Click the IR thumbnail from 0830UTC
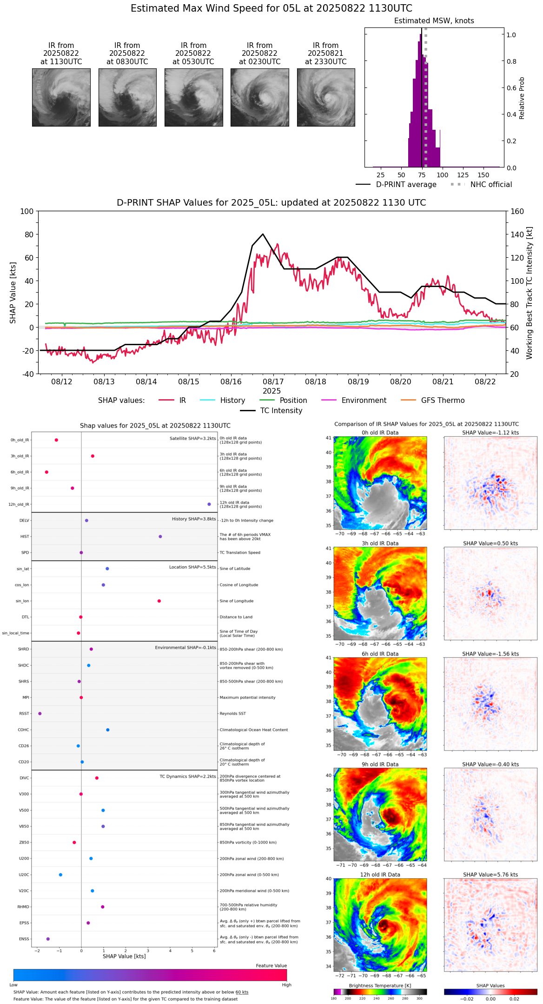(127, 97)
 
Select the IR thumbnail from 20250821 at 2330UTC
(326, 97)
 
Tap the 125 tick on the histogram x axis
(463, 175)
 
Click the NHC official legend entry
(481, 185)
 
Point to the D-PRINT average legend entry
(396, 185)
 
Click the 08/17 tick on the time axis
(273, 382)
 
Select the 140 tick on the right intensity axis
(517, 234)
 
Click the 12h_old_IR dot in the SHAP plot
(209, 504)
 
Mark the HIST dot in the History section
(160, 536)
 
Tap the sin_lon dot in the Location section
(159, 601)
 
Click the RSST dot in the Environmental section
(40, 714)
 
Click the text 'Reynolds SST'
(233, 714)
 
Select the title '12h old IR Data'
(380, 875)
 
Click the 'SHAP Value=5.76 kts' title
(490, 875)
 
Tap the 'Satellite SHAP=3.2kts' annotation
(192, 438)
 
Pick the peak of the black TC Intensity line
(263, 234)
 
